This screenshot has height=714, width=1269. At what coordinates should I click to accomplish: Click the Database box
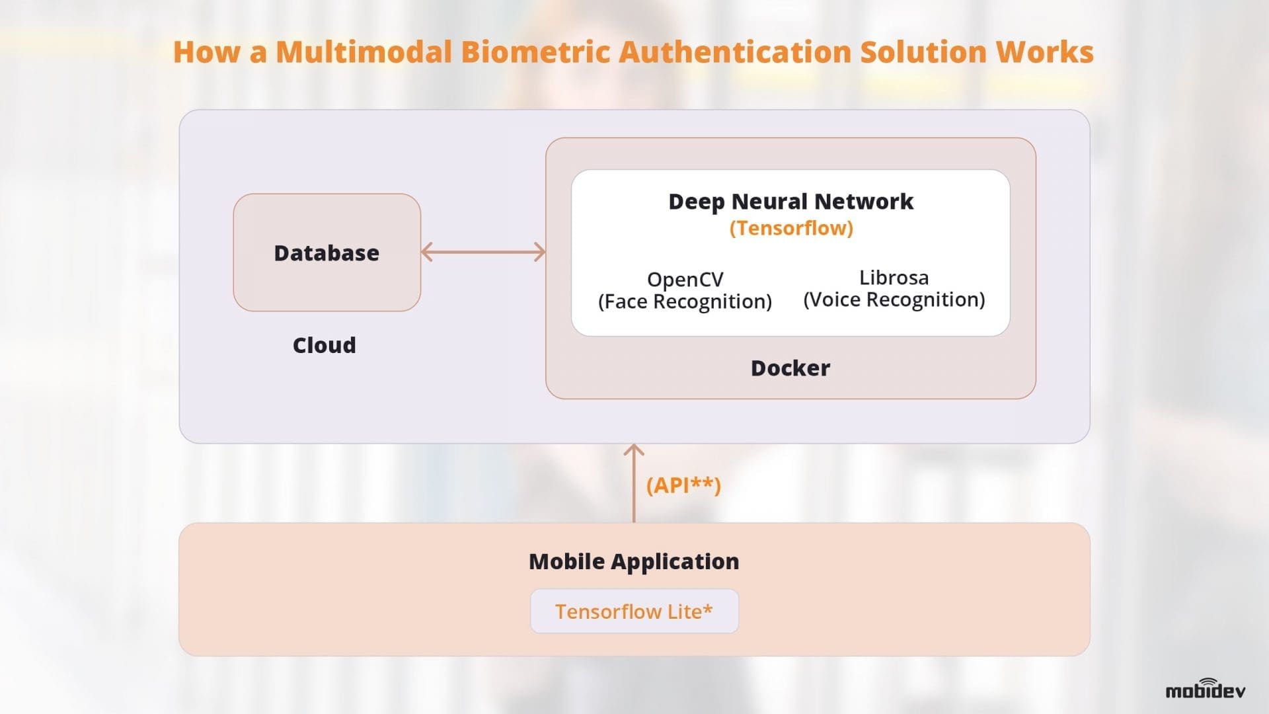point(327,253)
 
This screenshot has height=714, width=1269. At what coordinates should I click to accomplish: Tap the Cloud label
point(324,345)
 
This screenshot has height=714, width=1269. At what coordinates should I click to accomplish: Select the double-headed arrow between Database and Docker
point(483,252)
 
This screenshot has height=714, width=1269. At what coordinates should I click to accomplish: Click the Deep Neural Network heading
point(790,201)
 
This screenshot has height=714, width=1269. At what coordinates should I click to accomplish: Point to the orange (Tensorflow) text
point(790,228)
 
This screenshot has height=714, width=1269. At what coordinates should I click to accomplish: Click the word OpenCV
point(685,279)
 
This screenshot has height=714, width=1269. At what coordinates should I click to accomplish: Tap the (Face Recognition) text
point(685,301)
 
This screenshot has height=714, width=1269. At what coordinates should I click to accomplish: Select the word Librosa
point(894,277)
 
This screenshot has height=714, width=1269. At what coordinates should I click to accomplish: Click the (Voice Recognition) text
point(894,299)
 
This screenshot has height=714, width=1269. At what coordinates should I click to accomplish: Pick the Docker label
point(790,368)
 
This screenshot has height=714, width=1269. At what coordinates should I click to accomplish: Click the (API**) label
point(683,485)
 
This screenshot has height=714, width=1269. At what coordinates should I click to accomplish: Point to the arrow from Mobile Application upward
point(634,483)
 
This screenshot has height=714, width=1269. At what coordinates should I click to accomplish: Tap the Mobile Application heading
point(634,561)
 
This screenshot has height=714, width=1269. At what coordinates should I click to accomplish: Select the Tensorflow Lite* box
point(634,612)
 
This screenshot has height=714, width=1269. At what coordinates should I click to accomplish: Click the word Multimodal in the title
point(363,52)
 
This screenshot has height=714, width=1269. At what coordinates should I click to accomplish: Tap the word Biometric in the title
point(535,52)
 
